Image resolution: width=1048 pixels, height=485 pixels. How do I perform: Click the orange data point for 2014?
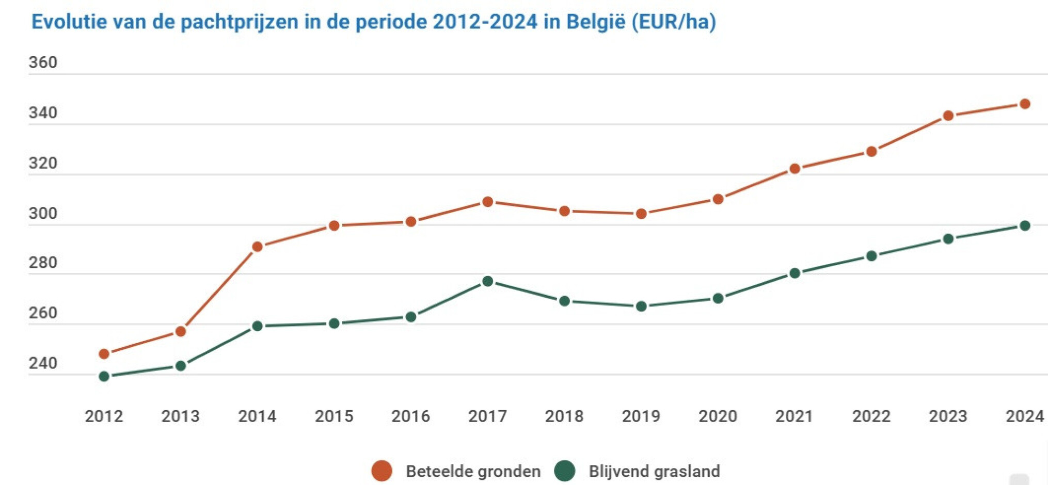pos(258,247)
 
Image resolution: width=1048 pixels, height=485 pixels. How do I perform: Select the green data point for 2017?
pos(487,281)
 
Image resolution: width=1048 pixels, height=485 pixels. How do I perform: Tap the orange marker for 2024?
pos(1025,104)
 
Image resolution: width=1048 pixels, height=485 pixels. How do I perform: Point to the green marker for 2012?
pos(104,376)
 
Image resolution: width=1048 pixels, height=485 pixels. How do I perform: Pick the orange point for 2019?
pos(641,214)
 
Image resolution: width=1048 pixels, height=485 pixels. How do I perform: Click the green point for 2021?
pos(795,273)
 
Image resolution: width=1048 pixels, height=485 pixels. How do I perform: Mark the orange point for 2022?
pos(871,151)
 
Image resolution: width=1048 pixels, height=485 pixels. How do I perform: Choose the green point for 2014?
pos(258,326)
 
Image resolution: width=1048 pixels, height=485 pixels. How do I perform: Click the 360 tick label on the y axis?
pos(43,62)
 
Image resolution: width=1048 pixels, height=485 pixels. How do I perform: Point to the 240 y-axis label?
pos(43,363)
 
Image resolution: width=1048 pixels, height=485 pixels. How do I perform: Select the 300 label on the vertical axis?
pos(43,213)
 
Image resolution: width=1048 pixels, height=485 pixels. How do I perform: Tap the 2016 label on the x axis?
pos(410,416)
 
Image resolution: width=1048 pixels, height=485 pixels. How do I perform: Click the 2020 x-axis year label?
pos(718,416)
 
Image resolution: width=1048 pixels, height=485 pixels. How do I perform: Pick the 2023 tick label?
pos(948,416)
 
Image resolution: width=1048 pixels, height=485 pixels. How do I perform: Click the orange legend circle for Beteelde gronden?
pos(382,471)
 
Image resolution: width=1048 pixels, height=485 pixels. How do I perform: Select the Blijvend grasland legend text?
pos(654,471)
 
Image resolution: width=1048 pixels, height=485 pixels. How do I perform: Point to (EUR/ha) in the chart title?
pos(674,22)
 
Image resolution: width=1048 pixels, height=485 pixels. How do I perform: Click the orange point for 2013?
pos(181,331)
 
